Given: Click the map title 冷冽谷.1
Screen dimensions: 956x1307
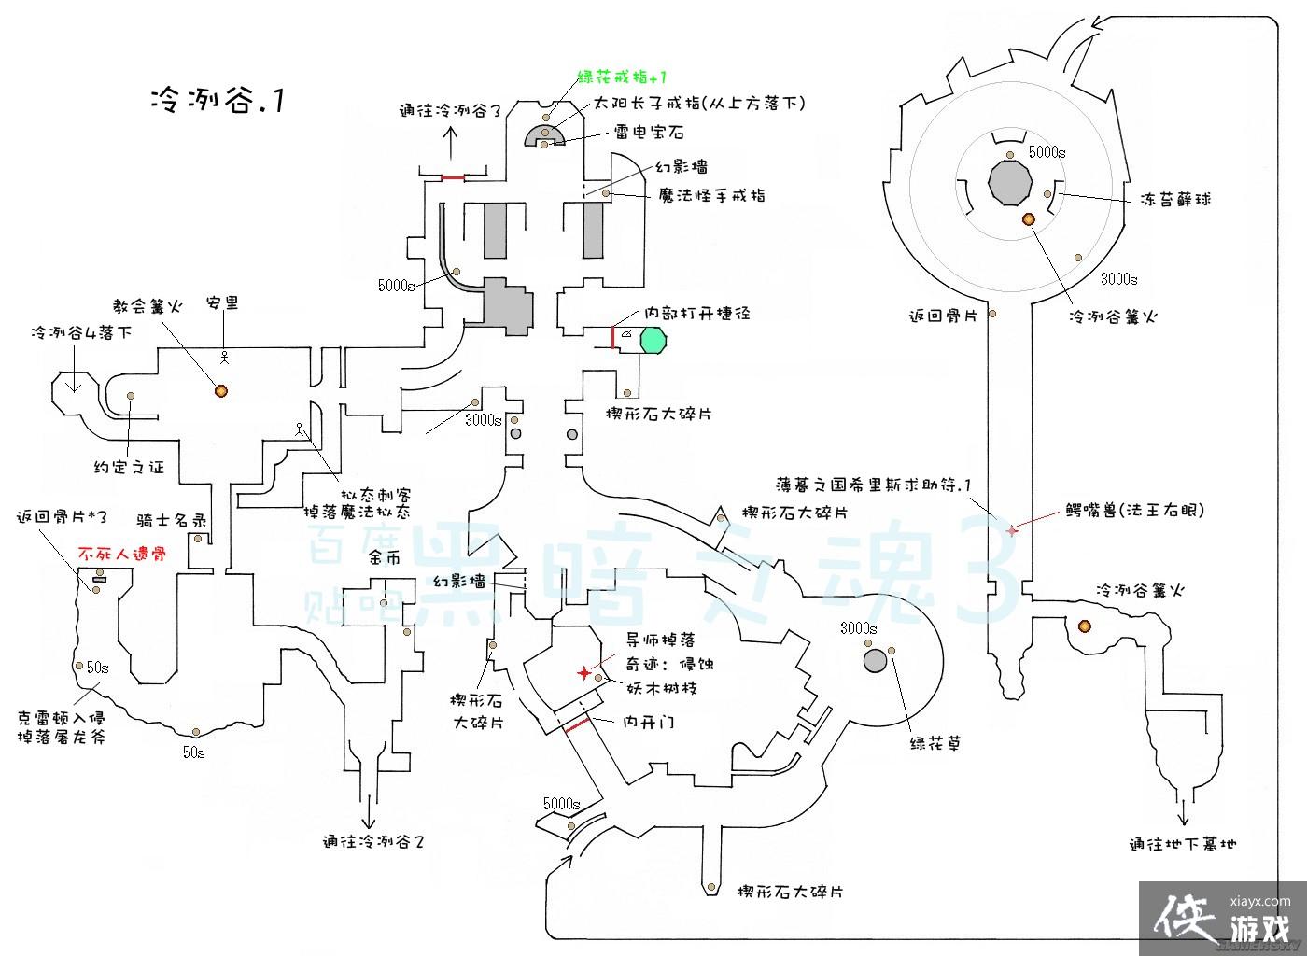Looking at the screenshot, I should tap(218, 100).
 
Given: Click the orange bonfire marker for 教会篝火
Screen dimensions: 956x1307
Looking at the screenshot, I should tap(221, 391).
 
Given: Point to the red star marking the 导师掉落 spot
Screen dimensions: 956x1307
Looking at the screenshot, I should tap(584, 673).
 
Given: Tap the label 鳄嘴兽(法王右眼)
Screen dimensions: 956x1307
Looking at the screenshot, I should tap(1134, 511).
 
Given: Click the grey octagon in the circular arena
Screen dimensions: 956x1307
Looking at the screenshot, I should tap(1009, 183).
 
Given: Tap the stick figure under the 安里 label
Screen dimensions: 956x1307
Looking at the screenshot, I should tap(224, 357).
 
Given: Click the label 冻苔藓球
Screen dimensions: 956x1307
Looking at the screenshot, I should tap(1175, 199).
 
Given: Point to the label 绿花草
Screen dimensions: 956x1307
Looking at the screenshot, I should tap(935, 744).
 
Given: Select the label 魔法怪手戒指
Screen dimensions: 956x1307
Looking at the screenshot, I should tap(712, 195).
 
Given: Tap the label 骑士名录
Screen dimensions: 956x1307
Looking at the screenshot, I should tap(171, 521).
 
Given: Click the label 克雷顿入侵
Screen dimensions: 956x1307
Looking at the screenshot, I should tap(61, 718).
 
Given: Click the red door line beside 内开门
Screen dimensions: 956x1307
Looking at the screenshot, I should tap(578, 725).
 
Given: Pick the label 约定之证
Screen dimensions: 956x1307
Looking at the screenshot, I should tap(129, 467).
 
